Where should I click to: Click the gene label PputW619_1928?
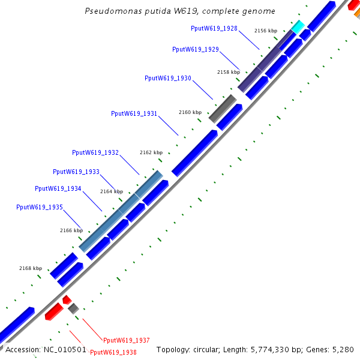pyautogui.click(x=214, y=28)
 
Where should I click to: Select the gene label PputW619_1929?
pyautogui.click(x=195, y=49)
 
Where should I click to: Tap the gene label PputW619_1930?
pyautogui.click(x=168, y=78)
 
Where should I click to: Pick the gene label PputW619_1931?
pyautogui.click(x=134, y=113)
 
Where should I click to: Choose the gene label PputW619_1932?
pyautogui.click(x=95, y=152)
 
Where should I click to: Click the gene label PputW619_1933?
pyautogui.click(x=76, y=172)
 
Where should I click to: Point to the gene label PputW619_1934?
pyautogui.click(x=58, y=188)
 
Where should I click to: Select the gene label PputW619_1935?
pyautogui.click(x=40, y=207)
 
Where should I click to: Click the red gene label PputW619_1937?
pyautogui.click(x=127, y=340)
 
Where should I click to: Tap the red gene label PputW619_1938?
pyautogui.click(x=113, y=352)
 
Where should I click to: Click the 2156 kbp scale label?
pyautogui.click(x=266, y=31)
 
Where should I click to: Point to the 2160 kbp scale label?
pyautogui.click(x=190, y=112)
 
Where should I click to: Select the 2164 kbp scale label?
pyautogui.click(x=111, y=191)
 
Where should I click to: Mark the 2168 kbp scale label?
pyautogui.click(x=31, y=268)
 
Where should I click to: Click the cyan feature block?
pyautogui.click(x=298, y=26)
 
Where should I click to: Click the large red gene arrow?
pyautogui.click(x=53, y=311)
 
